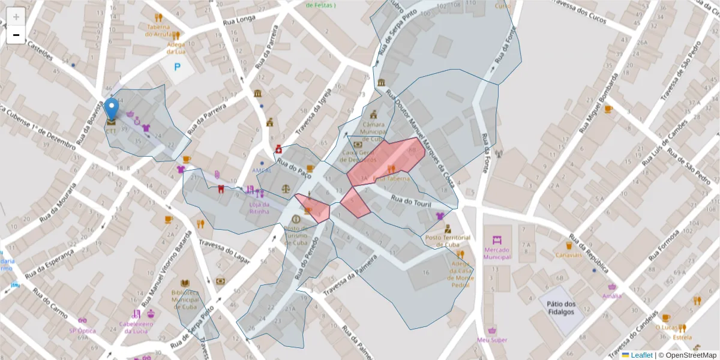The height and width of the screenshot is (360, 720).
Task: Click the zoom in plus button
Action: (x=16, y=16)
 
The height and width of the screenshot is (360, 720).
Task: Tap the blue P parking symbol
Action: (x=177, y=67)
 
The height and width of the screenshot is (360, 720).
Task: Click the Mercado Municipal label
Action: (x=497, y=253)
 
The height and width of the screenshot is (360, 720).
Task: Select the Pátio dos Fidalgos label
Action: (x=561, y=308)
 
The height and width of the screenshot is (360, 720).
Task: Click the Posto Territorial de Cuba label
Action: (x=447, y=241)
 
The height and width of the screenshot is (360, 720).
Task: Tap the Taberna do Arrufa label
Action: (x=158, y=30)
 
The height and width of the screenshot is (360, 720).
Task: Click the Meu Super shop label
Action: (x=492, y=340)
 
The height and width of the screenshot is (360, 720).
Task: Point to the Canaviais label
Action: (x=568, y=255)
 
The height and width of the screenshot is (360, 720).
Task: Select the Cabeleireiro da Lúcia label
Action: (x=137, y=328)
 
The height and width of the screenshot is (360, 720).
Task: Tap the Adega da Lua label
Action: (x=176, y=48)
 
